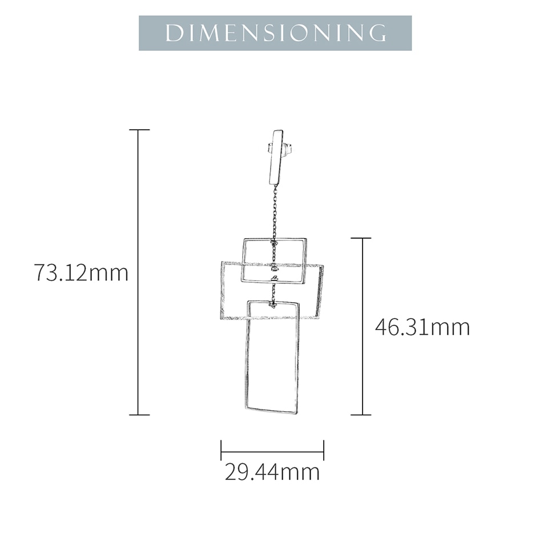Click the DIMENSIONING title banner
275,33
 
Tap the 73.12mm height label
81,272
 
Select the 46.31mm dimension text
422,327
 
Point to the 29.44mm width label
272,472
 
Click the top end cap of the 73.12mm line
139,130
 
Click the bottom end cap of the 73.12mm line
139,415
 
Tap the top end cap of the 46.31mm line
361,238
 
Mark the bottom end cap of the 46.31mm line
361,415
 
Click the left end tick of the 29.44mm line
221,450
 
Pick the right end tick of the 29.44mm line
324,450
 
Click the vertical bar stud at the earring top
277,158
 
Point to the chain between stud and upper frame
275,211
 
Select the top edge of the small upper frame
275,239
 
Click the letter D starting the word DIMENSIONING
172,33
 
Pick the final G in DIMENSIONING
377,33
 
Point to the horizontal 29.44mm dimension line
272,450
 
